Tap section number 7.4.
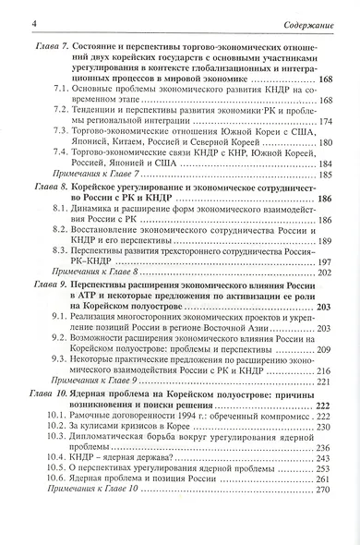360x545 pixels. tap(62, 157)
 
